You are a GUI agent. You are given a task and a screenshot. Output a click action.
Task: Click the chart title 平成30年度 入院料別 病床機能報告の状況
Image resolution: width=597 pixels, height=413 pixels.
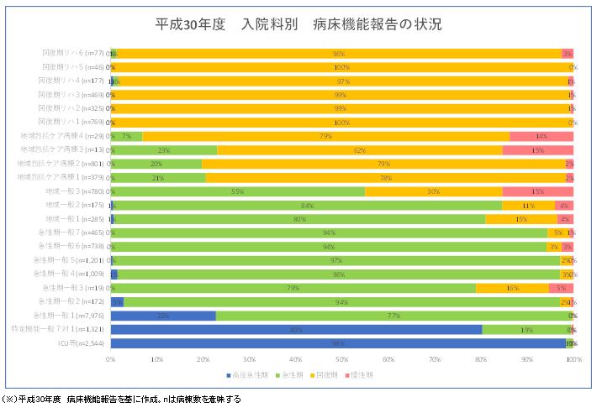click(x=298, y=24)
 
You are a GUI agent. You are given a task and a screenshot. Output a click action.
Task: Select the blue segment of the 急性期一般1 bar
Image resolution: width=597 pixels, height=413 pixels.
click(x=163, y=316)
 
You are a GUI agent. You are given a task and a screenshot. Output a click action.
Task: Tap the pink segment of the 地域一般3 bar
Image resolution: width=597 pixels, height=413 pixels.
click(x=537, y=191)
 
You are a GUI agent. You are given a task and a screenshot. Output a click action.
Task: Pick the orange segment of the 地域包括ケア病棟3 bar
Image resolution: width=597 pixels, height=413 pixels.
click(x=359, y=150)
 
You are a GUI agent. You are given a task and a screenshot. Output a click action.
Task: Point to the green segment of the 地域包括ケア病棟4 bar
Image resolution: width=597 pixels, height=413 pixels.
click(x=126, y=136)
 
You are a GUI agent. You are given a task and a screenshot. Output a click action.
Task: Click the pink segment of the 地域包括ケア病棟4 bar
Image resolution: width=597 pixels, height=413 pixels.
click(x=541, y=136)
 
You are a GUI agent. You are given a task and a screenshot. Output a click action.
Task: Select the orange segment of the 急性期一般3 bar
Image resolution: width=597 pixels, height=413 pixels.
click(x=512, y=288)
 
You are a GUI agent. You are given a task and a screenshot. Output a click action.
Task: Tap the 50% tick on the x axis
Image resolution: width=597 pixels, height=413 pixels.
click(x=342, y=358)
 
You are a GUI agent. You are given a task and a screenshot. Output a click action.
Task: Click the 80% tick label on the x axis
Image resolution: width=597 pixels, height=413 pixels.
click(x=481, y=358)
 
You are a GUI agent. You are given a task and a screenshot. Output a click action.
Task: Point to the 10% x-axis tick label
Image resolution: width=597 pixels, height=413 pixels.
click(x=157, y=358)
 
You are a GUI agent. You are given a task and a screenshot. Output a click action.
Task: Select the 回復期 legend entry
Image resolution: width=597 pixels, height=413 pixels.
click(x=330, y=374)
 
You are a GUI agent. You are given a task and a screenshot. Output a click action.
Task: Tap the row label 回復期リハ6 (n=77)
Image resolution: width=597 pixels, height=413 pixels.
click(x=74, y=53)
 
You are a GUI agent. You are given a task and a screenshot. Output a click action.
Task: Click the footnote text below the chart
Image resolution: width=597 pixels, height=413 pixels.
click(x=123, y=400)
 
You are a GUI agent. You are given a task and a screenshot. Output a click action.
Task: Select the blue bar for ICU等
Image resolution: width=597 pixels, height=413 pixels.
click(x=336, y=343)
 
